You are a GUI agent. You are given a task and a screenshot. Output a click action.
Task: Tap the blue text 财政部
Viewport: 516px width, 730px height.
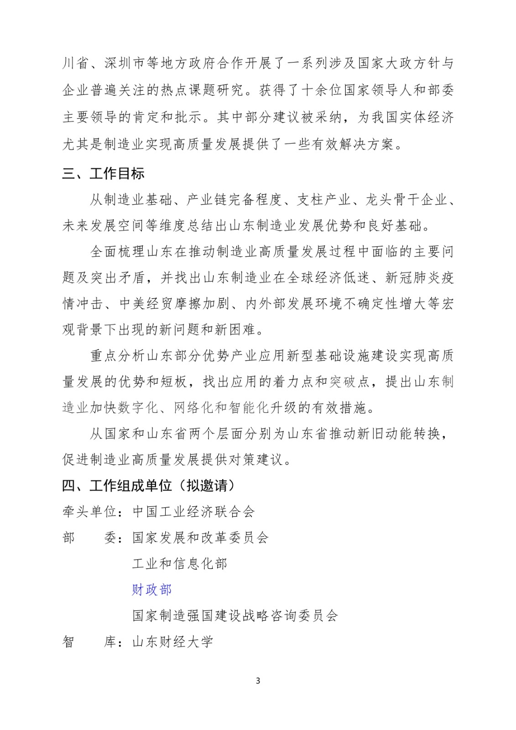[x=152, y=590]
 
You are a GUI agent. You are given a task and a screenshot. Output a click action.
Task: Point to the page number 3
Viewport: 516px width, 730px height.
[x=258, y=681]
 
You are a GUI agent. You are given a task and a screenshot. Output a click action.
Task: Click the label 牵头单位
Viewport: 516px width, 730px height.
[x=89, y=511]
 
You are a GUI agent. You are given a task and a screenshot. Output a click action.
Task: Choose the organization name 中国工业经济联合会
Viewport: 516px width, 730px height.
[x=193, y=511]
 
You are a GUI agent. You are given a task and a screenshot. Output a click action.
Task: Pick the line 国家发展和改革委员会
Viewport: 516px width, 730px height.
[x=200, y=537]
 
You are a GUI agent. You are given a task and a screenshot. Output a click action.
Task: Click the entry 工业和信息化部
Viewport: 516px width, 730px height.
[x=180, y=564]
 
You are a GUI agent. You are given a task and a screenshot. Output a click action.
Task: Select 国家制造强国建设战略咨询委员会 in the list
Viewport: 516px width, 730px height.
[x=235, y=616]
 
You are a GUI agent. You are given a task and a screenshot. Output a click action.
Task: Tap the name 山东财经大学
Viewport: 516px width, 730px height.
[x=173, y=642]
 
